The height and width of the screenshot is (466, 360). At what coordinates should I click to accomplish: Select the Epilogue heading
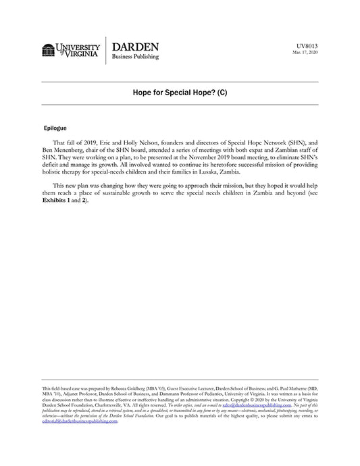point(55,127)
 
